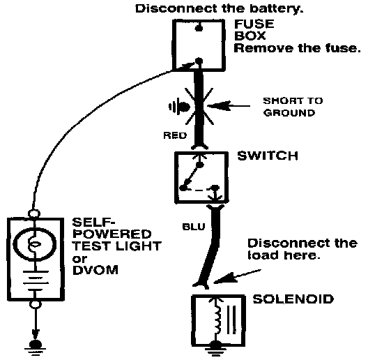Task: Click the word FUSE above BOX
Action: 254,24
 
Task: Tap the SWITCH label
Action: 268,156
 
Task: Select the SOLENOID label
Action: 293,299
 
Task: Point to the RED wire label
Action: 175,135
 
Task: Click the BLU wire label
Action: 194,227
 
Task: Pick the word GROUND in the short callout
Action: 289,113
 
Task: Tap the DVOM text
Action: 95,270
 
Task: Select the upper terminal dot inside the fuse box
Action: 199,28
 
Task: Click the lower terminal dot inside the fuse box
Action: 199,61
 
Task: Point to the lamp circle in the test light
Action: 35,227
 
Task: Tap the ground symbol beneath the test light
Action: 36,347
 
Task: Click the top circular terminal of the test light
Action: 34,213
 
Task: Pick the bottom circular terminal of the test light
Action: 36,304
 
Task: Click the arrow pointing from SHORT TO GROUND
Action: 229,106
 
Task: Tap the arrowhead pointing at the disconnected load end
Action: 221,279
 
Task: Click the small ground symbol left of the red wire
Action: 179,107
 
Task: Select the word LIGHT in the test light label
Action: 138,246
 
